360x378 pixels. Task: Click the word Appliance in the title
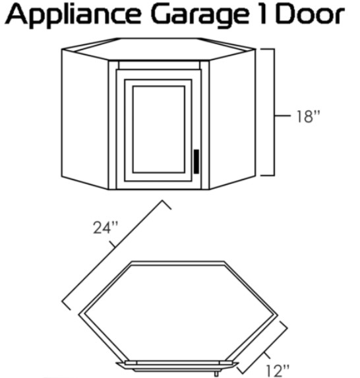(73, 16)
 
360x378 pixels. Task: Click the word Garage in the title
(200, 16)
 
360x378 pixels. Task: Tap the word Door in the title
(310, 15)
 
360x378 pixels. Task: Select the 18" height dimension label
(308, 117)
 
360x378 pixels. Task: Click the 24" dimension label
(105, 228)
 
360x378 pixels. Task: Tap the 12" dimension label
(277, 371)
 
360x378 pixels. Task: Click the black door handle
(196, 161)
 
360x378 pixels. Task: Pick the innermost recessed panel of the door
(158, 129)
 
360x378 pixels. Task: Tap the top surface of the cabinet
(158, 49)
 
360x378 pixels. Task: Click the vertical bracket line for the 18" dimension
(274, 112)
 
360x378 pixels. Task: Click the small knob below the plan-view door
(216, 373)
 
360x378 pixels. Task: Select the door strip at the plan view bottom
(177, 366)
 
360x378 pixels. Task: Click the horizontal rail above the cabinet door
(159, 65)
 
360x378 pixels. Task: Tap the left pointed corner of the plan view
(80, 314)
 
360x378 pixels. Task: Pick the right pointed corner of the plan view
(277, 315)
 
